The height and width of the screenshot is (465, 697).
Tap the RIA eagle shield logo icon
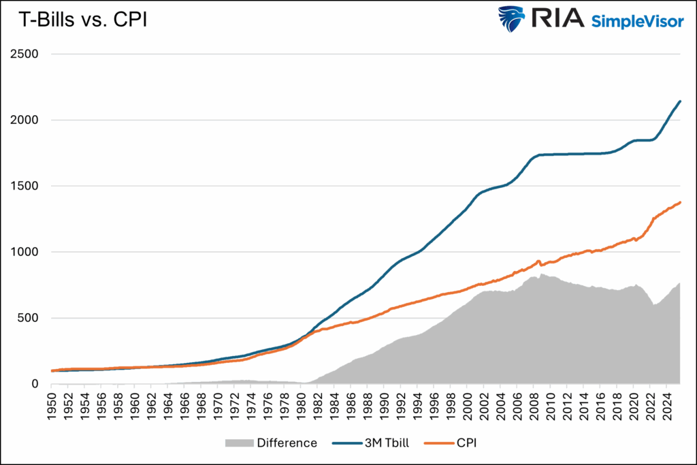click(511, 20)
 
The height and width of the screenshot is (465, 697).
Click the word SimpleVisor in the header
click(637, 20)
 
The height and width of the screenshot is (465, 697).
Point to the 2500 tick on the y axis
click(28, 54)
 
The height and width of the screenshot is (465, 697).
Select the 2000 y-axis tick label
click(28, 120)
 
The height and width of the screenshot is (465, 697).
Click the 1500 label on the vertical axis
click(28, 186)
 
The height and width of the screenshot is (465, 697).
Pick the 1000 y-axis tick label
click(28, 252)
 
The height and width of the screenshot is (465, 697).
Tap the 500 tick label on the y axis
click(31, 318)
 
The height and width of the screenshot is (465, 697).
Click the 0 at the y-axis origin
click(38, 384)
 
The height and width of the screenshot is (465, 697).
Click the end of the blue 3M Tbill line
click(680, 101)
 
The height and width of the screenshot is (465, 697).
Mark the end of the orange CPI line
click(680, 202)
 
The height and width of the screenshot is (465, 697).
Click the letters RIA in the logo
click(557, 20)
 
